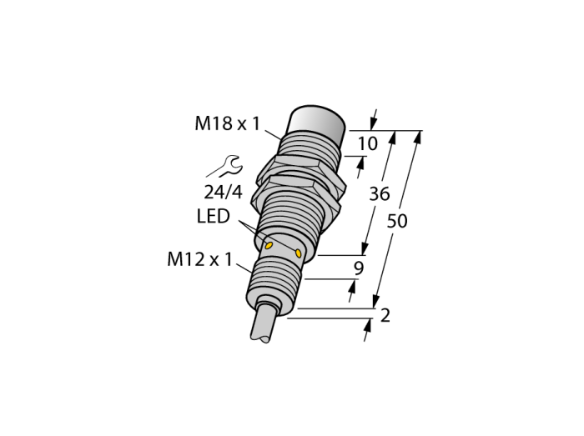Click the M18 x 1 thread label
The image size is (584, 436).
[227, 123]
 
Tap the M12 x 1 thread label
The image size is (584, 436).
[199, 259]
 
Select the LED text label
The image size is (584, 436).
[213, 216]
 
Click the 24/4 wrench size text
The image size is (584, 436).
[223, 192]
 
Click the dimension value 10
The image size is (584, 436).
[368, 143]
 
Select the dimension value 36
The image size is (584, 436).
[379, 193]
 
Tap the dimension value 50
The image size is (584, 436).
[397, 221]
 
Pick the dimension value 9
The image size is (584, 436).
[358, 268]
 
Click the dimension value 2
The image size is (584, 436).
[385, 315]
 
